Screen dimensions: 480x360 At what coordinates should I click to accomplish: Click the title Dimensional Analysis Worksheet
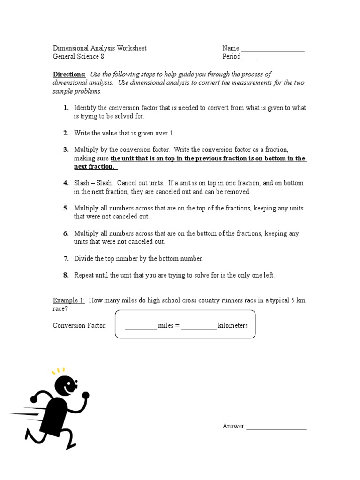tap(99, 48)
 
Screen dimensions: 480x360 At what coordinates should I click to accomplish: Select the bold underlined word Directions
tap(69, 75)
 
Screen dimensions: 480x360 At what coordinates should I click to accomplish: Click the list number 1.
tap(66, 108)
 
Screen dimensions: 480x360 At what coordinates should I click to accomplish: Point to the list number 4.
tap(66, 183)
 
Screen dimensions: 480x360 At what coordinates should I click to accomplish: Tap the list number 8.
tap(66, 275)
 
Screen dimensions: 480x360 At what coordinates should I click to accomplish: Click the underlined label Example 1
tap(69, 300)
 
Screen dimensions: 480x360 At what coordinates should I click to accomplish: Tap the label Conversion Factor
tap(80, 325)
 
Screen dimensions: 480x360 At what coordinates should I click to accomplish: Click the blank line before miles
tap(140, 327)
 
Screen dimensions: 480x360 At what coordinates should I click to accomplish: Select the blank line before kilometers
tap(199, 327)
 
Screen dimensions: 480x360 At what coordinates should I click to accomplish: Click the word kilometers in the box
tap(233, 325)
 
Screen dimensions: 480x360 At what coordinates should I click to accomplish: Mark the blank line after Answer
tap(276, 427)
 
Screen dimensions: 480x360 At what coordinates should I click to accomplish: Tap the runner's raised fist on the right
tap(85, 396)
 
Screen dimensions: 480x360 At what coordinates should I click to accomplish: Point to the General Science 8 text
tap(78, 57)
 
